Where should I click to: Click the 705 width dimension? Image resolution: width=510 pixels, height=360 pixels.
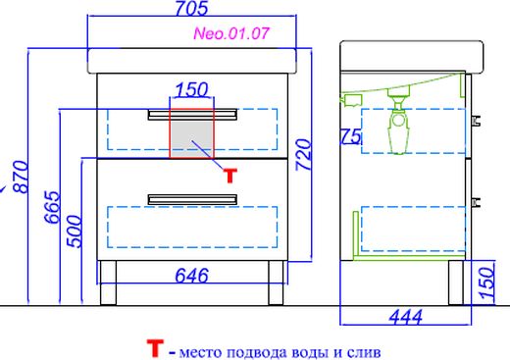[191, 8]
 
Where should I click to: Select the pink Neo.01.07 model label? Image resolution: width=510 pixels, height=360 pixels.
[231, 33]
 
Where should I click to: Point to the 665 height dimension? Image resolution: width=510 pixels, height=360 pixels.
[52, 207]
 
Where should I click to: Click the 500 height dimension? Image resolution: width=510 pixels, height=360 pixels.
[74, 231]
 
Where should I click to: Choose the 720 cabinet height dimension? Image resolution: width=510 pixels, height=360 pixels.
[303, 155]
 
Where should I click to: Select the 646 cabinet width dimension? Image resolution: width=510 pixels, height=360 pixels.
[191, 276]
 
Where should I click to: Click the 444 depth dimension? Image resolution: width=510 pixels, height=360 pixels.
[406, 317]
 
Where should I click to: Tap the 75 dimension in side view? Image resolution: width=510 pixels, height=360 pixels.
[350, 136]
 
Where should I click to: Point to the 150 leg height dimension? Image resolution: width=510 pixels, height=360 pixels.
[486, 283]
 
